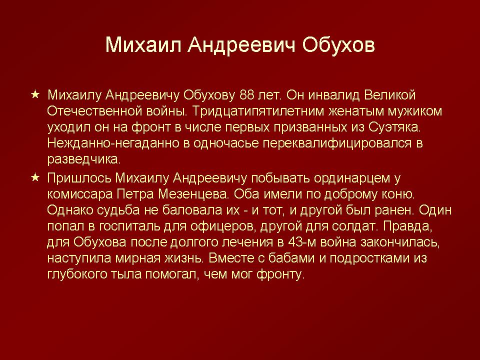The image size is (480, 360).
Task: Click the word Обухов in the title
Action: [338, 45]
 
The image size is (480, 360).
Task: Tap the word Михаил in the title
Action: [143, 45]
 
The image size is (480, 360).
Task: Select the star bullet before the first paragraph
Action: [35, 94]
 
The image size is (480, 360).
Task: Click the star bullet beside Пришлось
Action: [35, 177]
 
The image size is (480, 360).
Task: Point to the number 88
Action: [247, 95]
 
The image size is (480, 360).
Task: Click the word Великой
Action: [389, 95]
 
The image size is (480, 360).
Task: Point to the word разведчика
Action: [84, 159]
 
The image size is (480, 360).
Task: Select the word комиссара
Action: [79, 194]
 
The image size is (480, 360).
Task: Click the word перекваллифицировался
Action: [337, 143]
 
